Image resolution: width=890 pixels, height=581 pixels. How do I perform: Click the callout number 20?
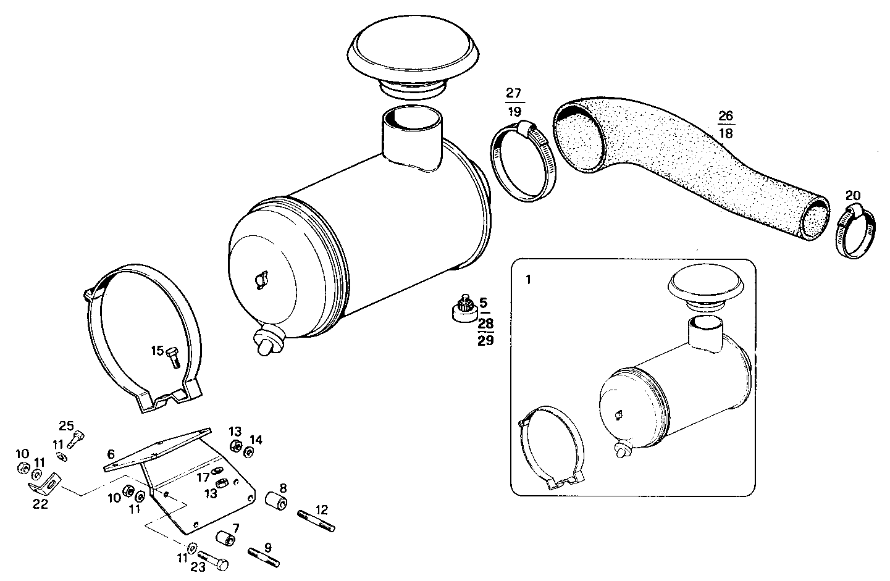pos(853,196)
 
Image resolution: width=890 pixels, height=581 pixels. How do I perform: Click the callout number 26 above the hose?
pos(726,115)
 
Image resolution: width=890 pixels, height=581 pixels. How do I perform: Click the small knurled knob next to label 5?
pos(465,307)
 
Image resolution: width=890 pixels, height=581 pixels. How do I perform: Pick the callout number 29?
pos(485,340)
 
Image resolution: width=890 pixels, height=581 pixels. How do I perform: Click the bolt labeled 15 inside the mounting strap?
pos(174,357)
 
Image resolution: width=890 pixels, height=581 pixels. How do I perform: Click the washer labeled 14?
pos(248,452)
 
